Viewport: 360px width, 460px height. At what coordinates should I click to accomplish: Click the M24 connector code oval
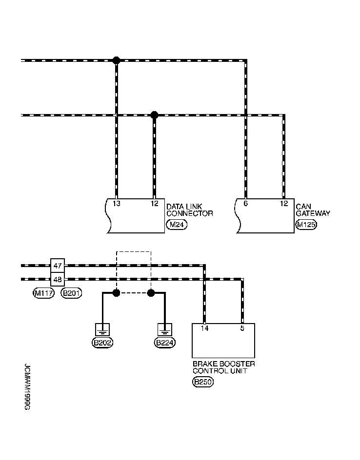176,225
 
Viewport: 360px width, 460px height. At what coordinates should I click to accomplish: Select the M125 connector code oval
306,225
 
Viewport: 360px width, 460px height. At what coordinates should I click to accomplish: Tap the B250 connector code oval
203,383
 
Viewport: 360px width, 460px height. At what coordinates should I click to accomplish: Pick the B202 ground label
102,343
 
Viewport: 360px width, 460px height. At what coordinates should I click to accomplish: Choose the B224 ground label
165,343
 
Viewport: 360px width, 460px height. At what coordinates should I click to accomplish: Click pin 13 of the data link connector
117,203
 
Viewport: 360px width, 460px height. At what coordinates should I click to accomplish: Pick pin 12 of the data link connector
154,203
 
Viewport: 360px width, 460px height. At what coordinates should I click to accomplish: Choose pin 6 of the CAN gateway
245,203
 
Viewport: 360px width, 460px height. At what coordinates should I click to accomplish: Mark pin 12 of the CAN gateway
283,203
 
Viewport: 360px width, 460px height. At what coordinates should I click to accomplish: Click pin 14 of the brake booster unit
204,328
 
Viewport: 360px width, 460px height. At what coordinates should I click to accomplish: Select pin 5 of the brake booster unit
242,328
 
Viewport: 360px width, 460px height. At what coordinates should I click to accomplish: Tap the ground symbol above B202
102,329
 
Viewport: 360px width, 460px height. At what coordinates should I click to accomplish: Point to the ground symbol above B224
165,329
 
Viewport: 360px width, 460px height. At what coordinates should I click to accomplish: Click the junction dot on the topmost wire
116,60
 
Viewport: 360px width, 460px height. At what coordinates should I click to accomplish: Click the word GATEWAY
313,213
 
